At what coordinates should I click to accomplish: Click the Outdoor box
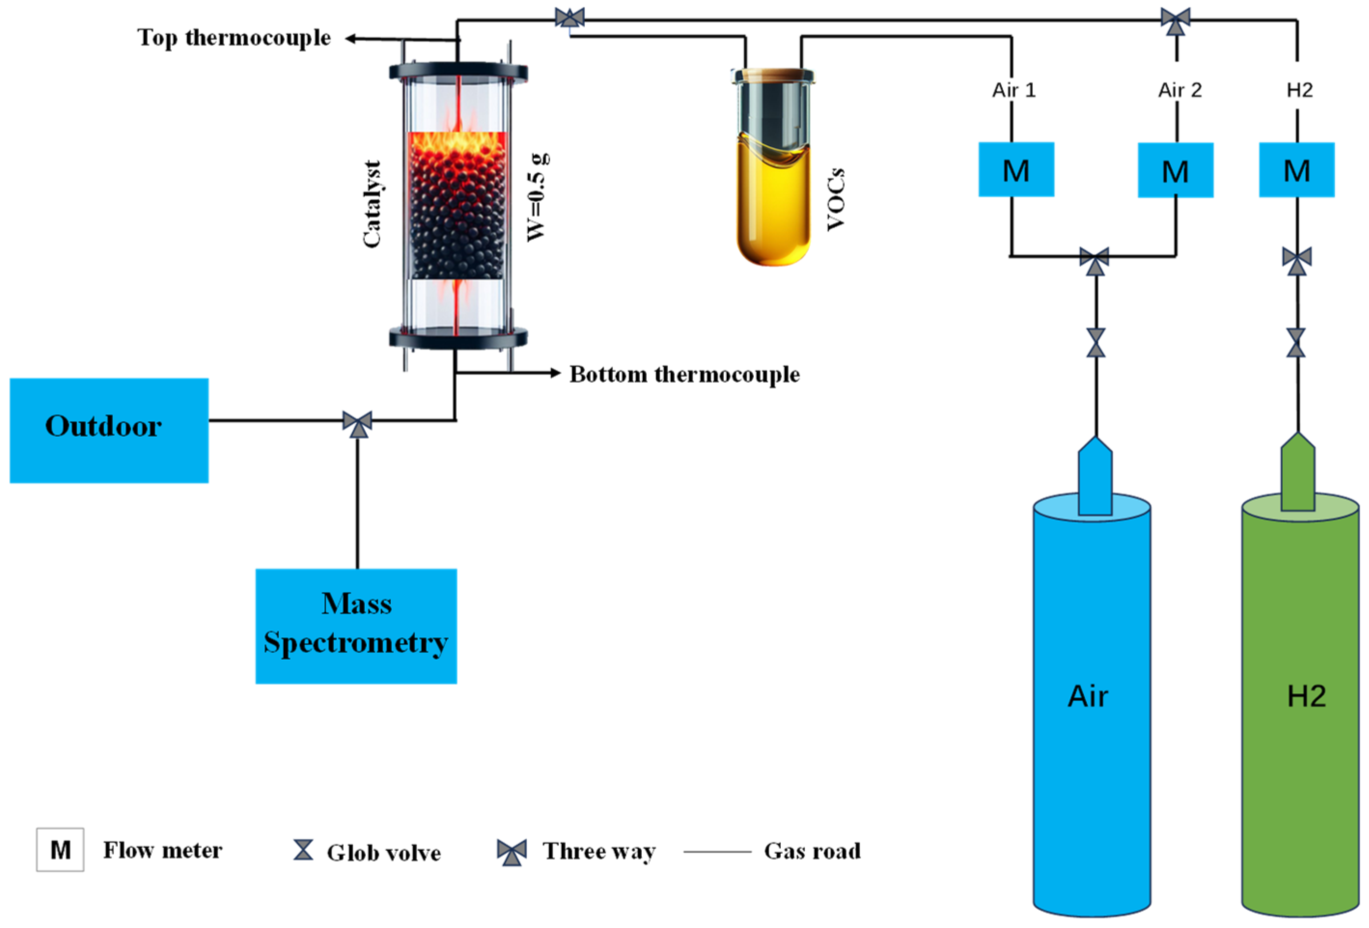[109, 430]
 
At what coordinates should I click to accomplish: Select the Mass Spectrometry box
[356, 626]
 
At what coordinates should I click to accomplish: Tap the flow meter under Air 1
[1016, 170]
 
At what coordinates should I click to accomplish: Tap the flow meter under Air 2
[1175, 170]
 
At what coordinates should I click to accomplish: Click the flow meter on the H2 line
[1297, 170]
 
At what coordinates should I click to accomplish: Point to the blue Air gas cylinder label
[1087, 696]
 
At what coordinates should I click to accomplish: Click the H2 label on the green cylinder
[1306, 696]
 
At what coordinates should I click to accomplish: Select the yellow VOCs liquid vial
[773, 200]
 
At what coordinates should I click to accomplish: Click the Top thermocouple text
[234, 38]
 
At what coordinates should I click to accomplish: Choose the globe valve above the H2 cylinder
[1296, 343]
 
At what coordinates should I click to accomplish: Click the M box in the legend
[60, 850]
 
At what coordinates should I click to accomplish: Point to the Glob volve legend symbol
[304, 850]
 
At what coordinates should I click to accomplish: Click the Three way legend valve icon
[512, 851]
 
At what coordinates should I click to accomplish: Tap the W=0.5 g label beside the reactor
[537, 197]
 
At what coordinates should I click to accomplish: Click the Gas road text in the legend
[812, 851]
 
